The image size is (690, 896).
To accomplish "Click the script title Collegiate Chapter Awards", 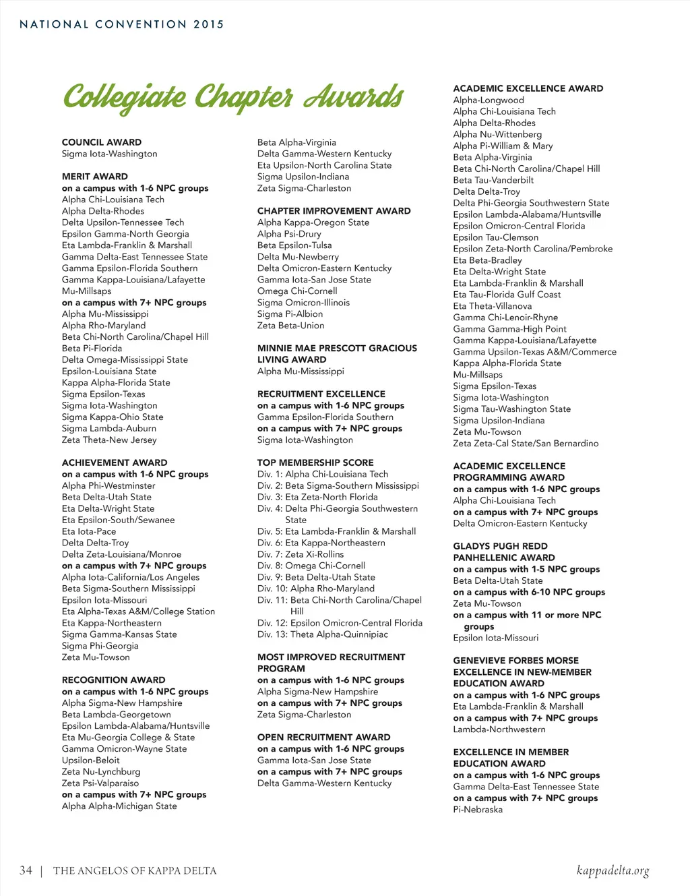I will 233,97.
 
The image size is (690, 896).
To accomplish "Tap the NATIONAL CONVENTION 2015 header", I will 121,24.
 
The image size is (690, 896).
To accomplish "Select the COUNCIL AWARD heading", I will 102,142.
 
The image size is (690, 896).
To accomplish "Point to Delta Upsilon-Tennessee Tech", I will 123,222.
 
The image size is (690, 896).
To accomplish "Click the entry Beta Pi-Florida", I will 92,349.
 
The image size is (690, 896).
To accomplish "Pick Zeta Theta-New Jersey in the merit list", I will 109,440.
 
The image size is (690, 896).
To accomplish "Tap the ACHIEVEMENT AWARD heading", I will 115,462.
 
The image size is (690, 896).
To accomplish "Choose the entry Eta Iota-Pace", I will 89,531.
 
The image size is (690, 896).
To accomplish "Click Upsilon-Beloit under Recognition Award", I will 90,760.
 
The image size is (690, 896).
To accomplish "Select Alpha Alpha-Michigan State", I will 119,806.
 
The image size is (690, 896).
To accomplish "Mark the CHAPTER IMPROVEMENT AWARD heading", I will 334,211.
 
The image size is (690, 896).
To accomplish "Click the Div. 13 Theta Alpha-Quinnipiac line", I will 322,634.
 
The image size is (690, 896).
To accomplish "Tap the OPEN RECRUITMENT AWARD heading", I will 323,738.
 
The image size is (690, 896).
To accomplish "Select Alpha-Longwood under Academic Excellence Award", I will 489,100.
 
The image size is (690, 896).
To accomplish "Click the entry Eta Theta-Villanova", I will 493,306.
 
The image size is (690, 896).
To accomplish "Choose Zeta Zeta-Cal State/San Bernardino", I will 526,444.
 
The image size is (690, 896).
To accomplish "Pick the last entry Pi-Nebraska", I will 478,810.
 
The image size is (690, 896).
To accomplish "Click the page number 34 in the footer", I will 26,870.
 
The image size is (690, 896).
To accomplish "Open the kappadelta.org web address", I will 613,870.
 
